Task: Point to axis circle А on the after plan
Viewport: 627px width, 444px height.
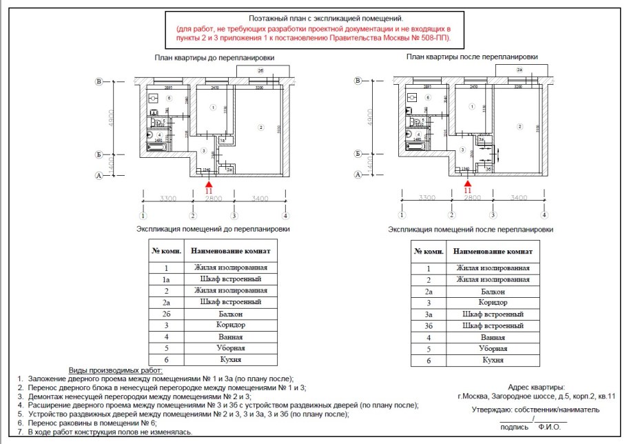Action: (x=358, y=175)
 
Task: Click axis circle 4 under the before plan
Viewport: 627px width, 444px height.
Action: (x=285, y=215)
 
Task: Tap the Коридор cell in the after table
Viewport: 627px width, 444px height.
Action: (x=492, y=302)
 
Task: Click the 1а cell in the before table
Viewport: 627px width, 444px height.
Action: (x=166, y=279)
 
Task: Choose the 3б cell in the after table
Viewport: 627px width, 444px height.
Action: (x=428, y=325)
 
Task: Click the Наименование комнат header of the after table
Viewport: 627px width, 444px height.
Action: (x=492, y=251)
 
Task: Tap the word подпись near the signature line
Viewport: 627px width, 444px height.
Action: (x=515, y=427)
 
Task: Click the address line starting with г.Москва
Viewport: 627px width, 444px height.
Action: (x=535, y=396)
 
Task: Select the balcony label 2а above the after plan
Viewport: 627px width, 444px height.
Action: (x=520, y=70)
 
